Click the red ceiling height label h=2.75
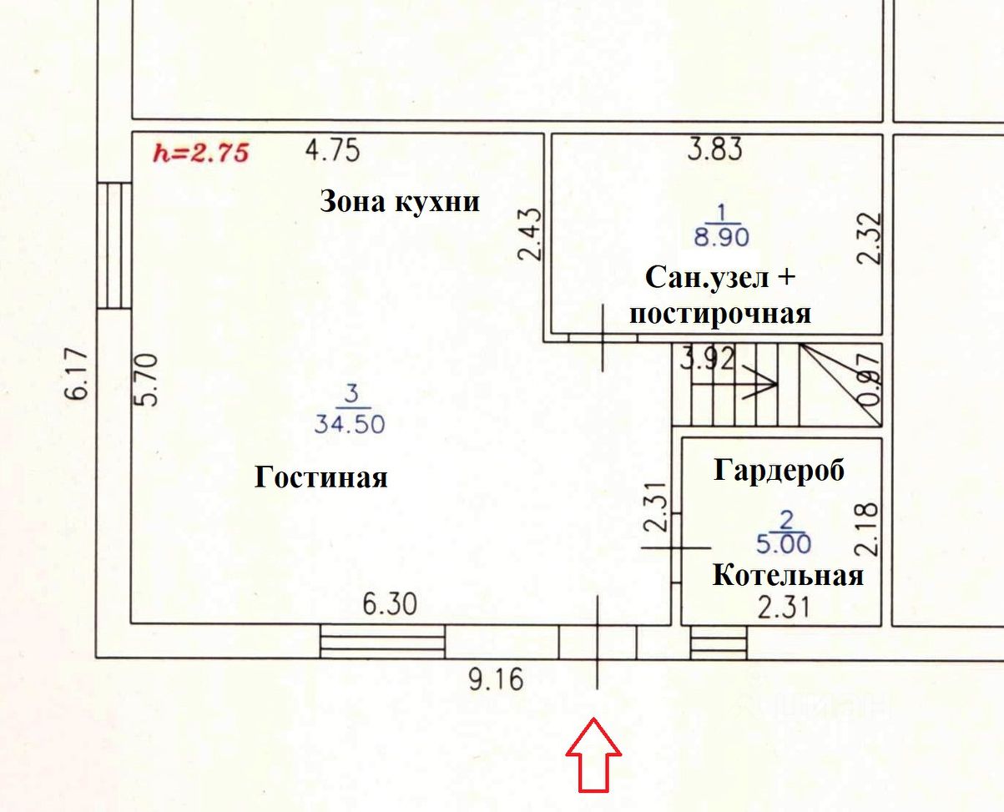[201, 153]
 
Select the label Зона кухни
[400, 202]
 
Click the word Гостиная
[321, 477]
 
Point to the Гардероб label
[779, 471]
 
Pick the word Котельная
[787, 576]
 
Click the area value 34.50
[350, 424]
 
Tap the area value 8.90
[722, 237]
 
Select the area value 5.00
[784, 544]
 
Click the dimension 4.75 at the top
[332, 151]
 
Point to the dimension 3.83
[714, 149]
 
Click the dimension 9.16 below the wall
[496, 680]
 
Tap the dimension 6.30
[389, 603]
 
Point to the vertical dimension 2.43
[531, 235]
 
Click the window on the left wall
[114, 245]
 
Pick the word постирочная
[719, 314]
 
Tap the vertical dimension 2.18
[867, 528]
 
